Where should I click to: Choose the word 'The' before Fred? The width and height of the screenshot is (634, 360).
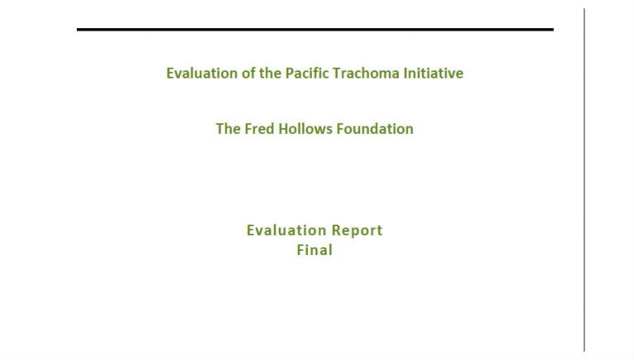click(229, 129)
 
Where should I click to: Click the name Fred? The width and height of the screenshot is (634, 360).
click(259, 129)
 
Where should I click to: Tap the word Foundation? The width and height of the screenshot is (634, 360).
click(376, 129)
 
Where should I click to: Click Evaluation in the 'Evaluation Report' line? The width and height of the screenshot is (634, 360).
click(286, 230)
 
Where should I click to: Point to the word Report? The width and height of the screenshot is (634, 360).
click(357, 231)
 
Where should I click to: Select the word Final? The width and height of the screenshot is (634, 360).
click(315, 249)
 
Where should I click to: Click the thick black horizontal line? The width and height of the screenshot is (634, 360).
click(315, 30)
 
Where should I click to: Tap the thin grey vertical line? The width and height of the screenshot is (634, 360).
click(584, 180)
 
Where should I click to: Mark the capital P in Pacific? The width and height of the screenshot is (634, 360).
click(290, 73)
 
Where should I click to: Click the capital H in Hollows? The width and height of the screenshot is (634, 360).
click(283, 129)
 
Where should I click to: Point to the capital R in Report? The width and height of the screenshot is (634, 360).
click(336, 230)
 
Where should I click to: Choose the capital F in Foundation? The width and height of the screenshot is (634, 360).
click(340, 129)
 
